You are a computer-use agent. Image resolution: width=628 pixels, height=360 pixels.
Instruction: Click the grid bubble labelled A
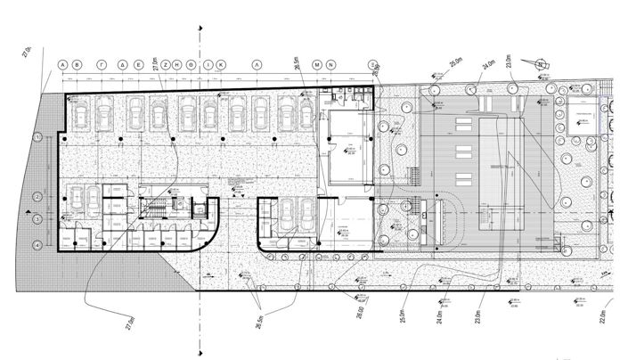[63, 66]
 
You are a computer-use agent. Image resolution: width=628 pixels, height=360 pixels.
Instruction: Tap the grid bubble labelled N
[330, 66]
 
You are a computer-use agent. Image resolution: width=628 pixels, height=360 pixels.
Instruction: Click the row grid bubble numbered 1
[37, 136]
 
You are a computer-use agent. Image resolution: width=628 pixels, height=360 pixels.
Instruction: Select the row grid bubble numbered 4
[37, 244]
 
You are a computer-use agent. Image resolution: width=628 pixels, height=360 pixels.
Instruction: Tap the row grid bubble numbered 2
[37, 195]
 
